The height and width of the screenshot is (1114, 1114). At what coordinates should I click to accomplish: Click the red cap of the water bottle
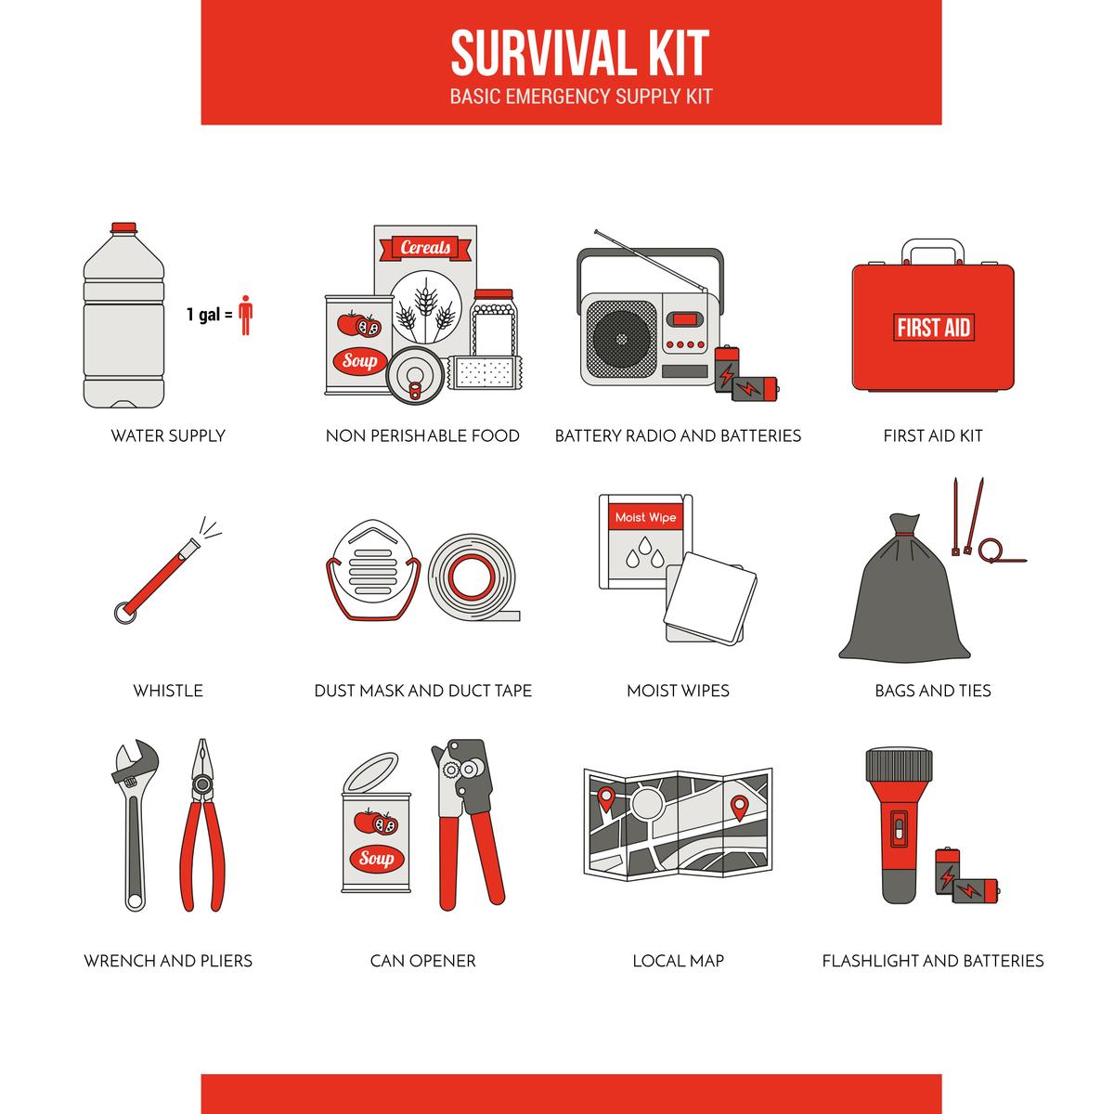[123, 227]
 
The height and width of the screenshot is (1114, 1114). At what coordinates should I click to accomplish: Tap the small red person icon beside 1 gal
[245, 315]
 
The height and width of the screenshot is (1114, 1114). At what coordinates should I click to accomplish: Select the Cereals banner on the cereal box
[425, 248]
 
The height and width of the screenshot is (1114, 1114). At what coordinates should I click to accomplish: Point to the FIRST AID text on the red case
[933, 328]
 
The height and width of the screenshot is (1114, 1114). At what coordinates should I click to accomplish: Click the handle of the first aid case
[933, 251]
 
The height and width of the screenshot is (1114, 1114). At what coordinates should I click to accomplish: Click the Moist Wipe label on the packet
[645, 518]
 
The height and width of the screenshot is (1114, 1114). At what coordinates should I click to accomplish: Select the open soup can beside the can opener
[376, 840]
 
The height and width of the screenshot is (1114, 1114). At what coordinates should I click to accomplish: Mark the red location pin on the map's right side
[739, 807]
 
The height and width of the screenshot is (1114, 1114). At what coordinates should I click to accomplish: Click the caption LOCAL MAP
[678, 961]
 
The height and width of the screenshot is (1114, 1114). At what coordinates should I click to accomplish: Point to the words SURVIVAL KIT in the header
[579, 54]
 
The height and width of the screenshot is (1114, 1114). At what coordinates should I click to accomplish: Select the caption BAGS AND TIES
[932, 691]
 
